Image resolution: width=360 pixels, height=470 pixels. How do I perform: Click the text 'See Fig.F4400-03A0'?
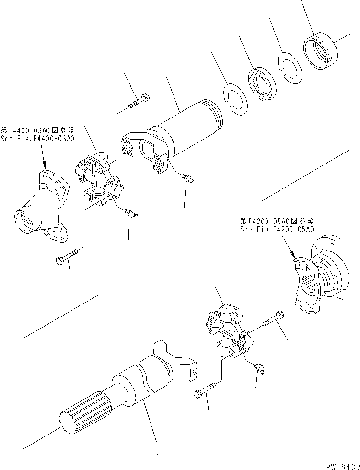37,139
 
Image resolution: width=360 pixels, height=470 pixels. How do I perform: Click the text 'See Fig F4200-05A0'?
277,229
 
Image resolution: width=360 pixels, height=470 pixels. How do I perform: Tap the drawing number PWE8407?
343,466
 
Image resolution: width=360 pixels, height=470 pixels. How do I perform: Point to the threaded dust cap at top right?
319,53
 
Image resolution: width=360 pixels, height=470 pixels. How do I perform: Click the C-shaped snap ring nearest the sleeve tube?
235,99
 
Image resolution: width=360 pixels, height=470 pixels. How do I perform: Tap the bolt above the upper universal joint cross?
139,102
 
